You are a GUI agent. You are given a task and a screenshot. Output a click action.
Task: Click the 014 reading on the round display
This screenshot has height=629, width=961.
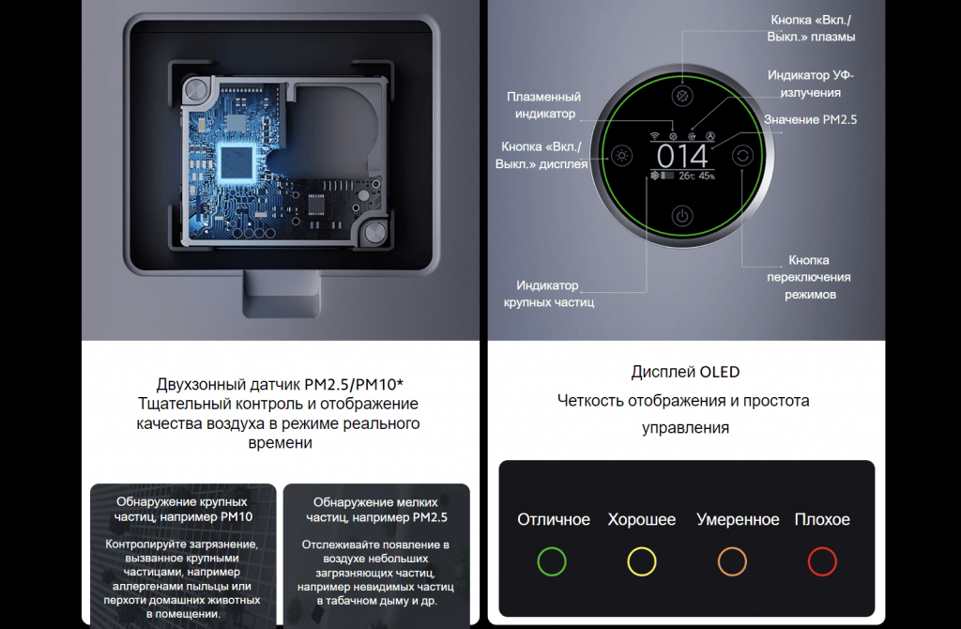(x=682, y=157)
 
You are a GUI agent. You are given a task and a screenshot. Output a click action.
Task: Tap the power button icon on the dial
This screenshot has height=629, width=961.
(x=682, y=216)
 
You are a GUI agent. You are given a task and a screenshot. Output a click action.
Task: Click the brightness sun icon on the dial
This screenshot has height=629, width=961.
(x=621, y=156)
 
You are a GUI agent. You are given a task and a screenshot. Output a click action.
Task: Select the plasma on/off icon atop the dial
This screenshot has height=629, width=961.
(x=682, y=96)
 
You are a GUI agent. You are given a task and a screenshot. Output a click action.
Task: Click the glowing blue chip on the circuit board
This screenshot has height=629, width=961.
(x=236, y=163)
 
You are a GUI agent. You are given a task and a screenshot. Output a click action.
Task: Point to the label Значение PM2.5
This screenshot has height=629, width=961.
(x=810, y=119)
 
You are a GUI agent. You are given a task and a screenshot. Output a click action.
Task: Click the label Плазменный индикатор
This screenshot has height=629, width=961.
(x=544, y=105)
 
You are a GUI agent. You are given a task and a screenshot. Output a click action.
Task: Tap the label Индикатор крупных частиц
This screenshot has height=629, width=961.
(x=548, y=294)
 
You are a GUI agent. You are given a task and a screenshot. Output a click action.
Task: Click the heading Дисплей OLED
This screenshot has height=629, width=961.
(x=685, y=372)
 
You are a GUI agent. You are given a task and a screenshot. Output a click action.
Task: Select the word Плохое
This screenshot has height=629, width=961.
(x=822, y=519)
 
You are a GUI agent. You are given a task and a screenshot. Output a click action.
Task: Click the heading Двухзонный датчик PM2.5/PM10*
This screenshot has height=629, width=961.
(x=280, y=384)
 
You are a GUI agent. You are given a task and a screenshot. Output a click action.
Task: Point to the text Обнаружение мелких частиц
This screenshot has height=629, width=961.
(x=375, y=510)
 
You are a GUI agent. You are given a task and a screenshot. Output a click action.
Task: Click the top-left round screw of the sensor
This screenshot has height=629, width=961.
(x=196, y=89)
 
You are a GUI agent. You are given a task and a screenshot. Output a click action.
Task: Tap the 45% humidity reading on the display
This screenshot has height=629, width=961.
(x=706, y=176)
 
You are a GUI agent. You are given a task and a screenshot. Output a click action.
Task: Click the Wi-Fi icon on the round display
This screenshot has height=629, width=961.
(x=654, y=136)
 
